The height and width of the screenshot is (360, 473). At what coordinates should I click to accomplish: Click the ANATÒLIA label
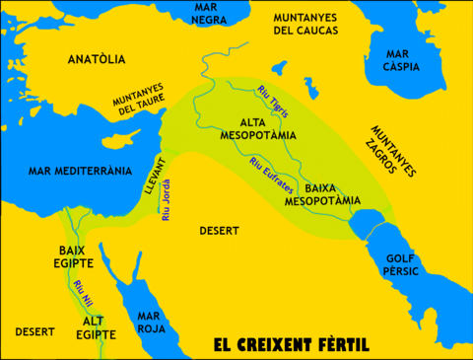coord(97,59)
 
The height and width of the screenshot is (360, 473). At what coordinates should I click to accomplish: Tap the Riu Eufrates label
coord(270,174)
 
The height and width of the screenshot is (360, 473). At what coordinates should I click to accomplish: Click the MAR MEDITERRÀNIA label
coord(68,169)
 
